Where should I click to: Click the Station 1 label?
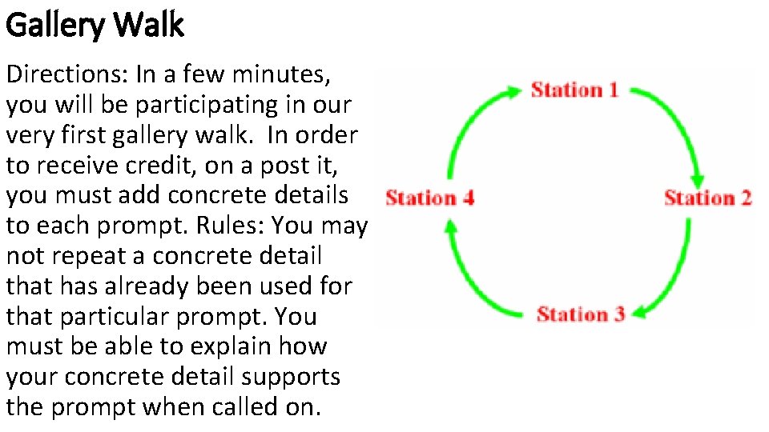pyautogui.click(x=574, y=90)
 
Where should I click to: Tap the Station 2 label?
pyautogui.click(x=708, y=198)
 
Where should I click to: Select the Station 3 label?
pyautogui.click(x=581, y=314)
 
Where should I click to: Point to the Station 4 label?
pyautogui.click(x=429, y=198)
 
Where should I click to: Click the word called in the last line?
pyautogui.click(x=232, y=407)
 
